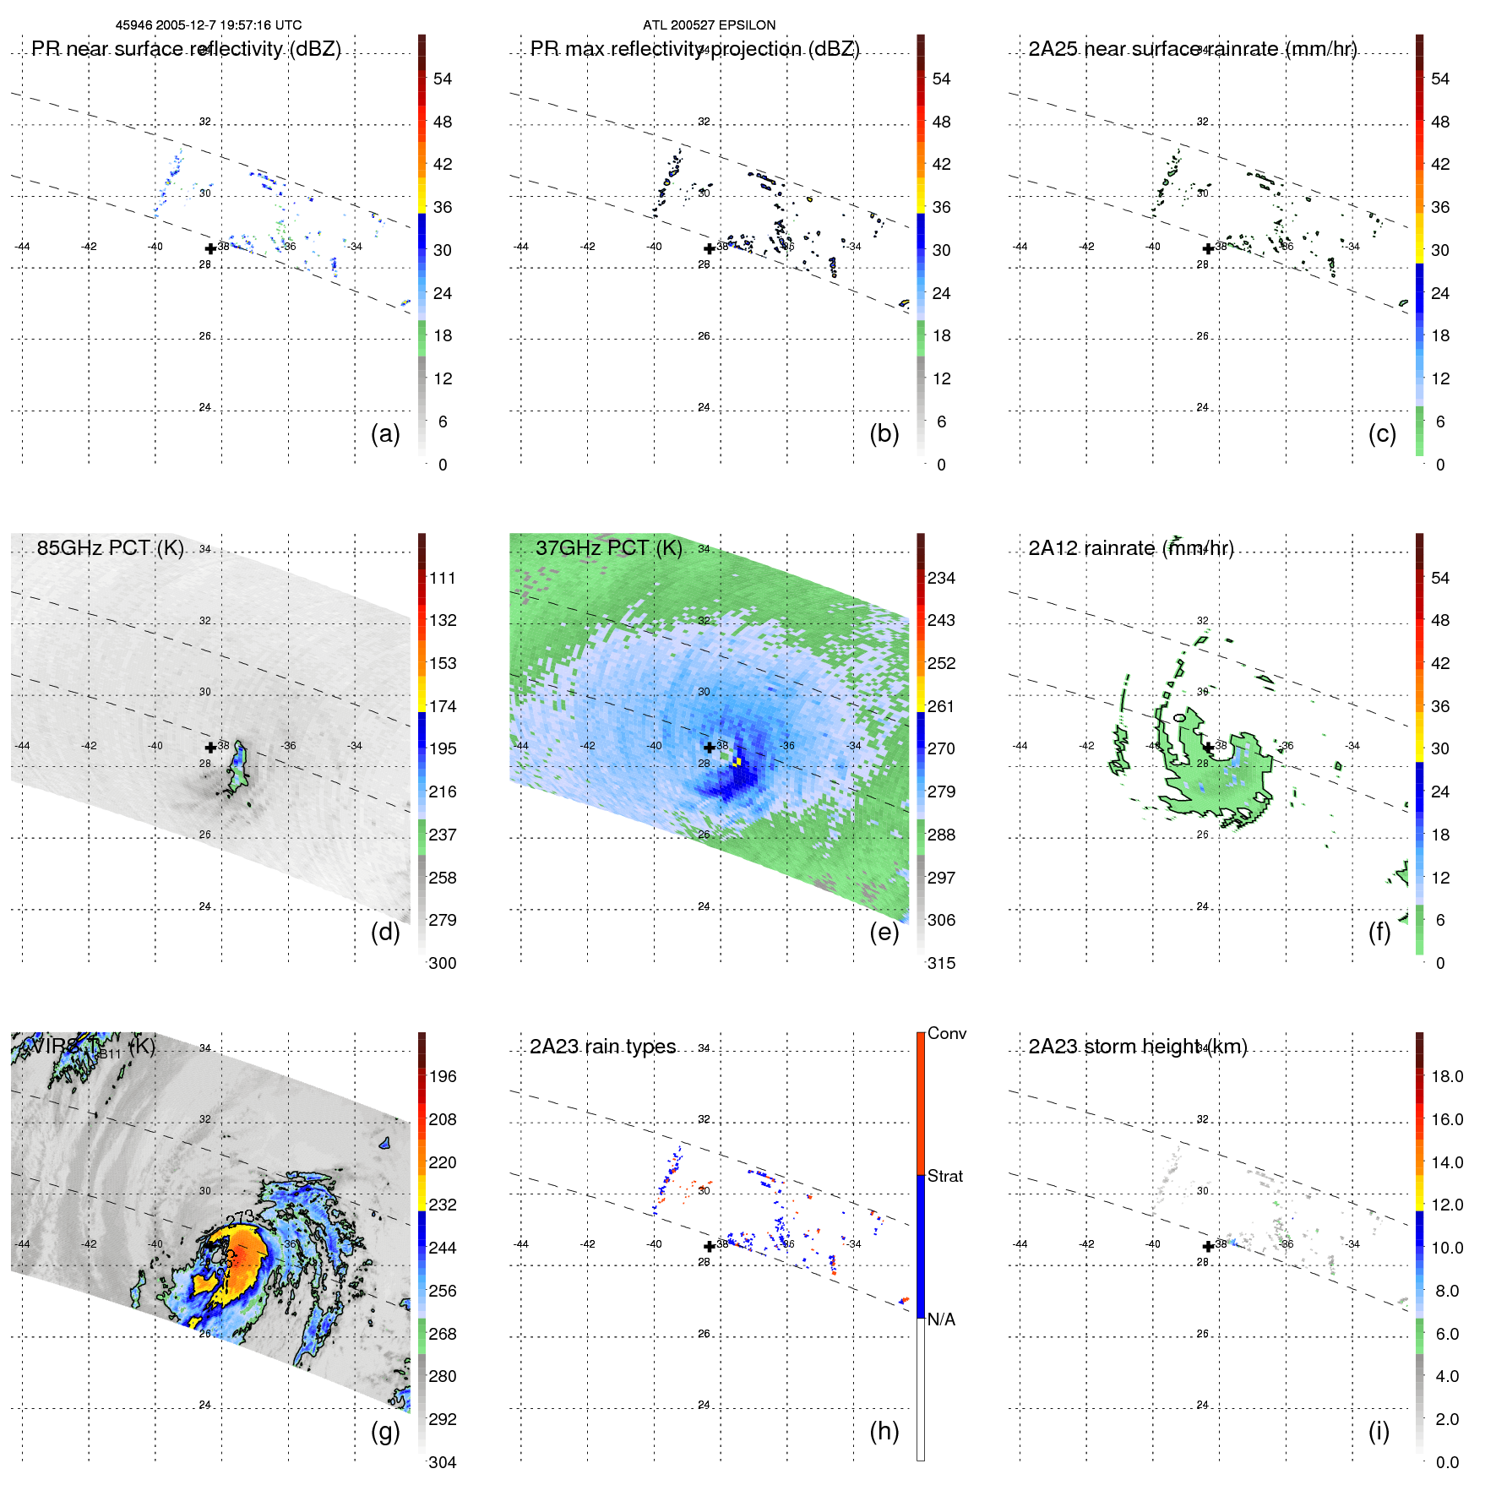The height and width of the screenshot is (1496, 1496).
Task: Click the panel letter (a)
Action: pyautogui.click(x=385, y=433)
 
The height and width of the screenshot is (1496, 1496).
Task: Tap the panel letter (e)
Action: pyautogui.click(x=884, y=932)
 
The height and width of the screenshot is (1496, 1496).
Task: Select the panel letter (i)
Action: pyautogui.click(x=1379, y=1431)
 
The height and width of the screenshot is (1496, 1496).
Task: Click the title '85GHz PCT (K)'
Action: pyautogui.click(x=110, y=547)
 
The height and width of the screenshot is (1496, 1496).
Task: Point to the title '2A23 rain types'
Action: pyautogui.click(x=602, y=1047)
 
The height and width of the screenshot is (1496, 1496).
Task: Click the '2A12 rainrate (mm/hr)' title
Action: pyautogui.click(x=1130, y=547)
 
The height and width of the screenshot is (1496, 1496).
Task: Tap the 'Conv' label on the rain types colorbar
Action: pyautogui.click(x=946, y=1033)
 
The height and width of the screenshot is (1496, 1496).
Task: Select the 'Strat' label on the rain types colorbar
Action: pyautogui.click(x=944, y=1176)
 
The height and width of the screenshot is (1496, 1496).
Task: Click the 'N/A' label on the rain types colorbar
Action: pyautogui.click(x=941, y=1319)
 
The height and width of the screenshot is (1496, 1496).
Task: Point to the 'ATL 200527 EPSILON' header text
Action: pyautogui.click(x=709, y=24)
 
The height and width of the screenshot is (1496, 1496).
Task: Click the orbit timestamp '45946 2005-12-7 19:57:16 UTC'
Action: pyautogui.click(x=209, y=24)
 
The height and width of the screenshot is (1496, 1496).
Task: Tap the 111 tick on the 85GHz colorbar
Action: pyautogui.click(x=443, y=578)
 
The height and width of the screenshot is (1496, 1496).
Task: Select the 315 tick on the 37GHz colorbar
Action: pyautogui.click(x=941, y=963)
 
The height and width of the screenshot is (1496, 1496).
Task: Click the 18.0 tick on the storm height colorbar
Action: pyautogui.click(x=1446, y=1076)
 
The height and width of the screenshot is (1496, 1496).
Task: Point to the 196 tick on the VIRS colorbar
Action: pyautogui.click(x=443, y=1076)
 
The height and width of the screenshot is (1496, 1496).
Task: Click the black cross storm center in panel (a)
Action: pyautogui.click(x=210, y=248)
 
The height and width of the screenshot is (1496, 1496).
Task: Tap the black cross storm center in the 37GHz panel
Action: pyautogui.click(x=709, y=747)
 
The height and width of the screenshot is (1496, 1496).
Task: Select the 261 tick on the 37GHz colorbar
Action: pyautogui.click(x=941, y=706)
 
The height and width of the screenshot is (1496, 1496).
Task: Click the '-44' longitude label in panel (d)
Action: pyautogui.click(x=23, y=746)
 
